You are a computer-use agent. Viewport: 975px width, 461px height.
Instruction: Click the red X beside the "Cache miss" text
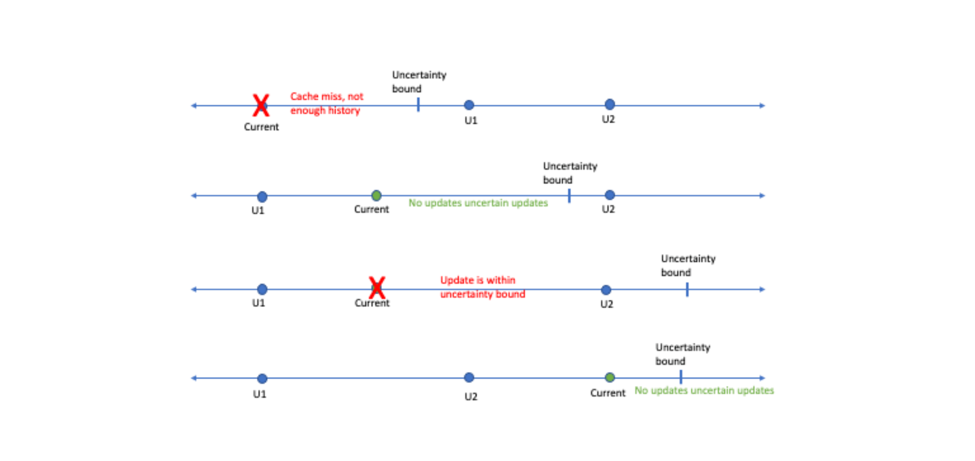[x=261, y=105]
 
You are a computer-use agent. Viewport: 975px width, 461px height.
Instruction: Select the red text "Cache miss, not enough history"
[x=326, y=103]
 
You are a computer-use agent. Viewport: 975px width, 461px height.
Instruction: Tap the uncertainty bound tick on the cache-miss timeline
[x=418, y=105]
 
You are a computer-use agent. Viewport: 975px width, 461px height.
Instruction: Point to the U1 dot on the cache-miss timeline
[x=469, y=105]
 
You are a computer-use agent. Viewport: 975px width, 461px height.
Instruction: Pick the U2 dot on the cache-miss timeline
[x=610, y=105]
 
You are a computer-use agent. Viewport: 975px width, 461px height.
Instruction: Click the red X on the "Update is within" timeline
[x=377, y=288]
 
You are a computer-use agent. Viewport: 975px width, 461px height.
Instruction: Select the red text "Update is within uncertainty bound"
[x=482, y=287]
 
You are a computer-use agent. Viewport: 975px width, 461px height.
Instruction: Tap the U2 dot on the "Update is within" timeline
[x=606, y=290]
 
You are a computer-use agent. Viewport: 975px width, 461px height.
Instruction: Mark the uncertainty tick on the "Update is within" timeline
[x=687, y=289]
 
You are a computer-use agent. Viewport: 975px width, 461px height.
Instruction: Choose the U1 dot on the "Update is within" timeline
[x=263, y=289]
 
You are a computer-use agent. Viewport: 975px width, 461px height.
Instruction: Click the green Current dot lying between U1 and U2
[x=377, y=195]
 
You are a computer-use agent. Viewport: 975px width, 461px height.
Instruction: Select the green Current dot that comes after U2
[x=610, y=377]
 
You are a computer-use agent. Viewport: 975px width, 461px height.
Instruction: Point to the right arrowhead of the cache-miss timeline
[x=763, y=106]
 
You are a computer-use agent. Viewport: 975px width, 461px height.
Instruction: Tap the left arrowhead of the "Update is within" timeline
[x=194, y=289]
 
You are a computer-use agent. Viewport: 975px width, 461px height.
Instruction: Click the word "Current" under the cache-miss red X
[x=261, y=127]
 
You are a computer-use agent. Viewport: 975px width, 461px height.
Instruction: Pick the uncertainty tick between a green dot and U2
[x=569, y=196]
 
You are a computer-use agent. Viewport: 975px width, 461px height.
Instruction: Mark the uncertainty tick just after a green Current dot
[x=681, y=377]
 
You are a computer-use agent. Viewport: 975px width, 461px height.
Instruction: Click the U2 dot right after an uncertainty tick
[x=610, y=195]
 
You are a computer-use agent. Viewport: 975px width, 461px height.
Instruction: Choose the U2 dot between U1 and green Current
[x=469, y=377]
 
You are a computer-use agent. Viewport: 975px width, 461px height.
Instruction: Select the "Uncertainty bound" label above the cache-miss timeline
[x=419, y=82]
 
